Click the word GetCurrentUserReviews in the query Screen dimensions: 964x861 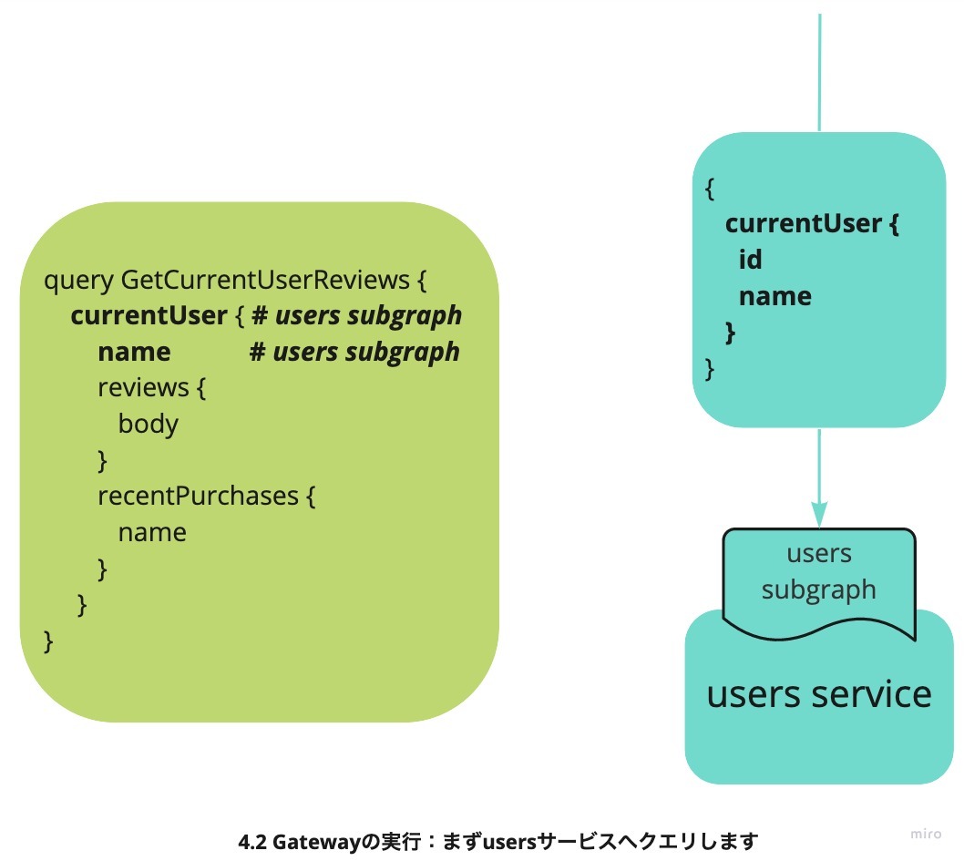(x=265, y=280)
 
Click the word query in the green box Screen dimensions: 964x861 (x=78, y=281)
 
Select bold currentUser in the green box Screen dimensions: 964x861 (x=149, y=315)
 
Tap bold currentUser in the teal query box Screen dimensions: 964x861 (x=804, y=223)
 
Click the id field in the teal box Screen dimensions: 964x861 (x=750, y=259)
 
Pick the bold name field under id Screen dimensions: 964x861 (x=774, y=296)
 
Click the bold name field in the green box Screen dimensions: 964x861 (x=134, y=352)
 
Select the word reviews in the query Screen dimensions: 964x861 (x=143, y=388)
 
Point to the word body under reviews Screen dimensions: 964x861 (x=149, y=424)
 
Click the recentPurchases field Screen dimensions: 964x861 (x=198, y=496)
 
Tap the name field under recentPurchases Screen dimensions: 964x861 (x=152, y=532)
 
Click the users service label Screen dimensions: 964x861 (x=819, y=694)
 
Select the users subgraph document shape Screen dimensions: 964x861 (x=819, y=580)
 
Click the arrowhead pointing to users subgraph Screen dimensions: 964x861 (x=819, y=515)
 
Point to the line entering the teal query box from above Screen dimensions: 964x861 (x=819, y=73)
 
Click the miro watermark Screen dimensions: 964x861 (x=926, y=834)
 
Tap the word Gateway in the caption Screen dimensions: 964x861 (x=315, y=841)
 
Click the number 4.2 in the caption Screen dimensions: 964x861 (x=252, y=841)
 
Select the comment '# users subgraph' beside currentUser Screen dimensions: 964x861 (x=356, y=316)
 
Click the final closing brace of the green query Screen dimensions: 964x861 (x=48, y=641)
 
